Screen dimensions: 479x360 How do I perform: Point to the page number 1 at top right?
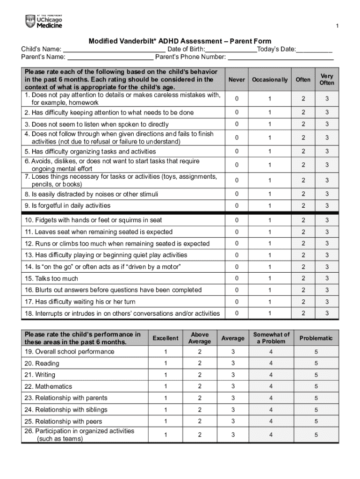(338, 25)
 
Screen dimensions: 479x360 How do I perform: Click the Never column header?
(237, 80)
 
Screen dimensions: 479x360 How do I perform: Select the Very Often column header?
(327, 80)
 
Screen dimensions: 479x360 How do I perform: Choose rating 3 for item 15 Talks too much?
(327, 278)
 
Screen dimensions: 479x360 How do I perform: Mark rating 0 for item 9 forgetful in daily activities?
(237, 206)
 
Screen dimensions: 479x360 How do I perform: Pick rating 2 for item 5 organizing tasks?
(303, 152)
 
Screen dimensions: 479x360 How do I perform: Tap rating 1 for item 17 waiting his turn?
(269, 302)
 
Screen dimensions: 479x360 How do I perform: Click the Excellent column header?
(165, 338)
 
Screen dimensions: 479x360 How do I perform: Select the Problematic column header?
(316, 338)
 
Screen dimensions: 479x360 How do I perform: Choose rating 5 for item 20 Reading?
(316, 363)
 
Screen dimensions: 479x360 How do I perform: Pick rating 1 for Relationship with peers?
(165, 421)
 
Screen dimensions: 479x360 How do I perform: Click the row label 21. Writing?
(39, 375)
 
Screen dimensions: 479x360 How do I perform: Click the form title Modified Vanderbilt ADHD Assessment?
(180, 41)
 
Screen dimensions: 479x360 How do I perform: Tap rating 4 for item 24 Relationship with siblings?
(271, 410)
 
